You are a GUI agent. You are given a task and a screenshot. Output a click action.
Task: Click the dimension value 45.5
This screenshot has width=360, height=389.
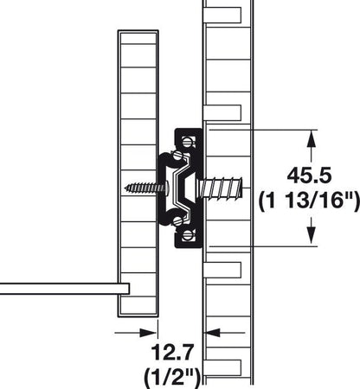click(308, 175)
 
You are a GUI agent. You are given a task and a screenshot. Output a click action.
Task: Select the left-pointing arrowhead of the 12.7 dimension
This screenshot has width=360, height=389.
click(210, 331)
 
